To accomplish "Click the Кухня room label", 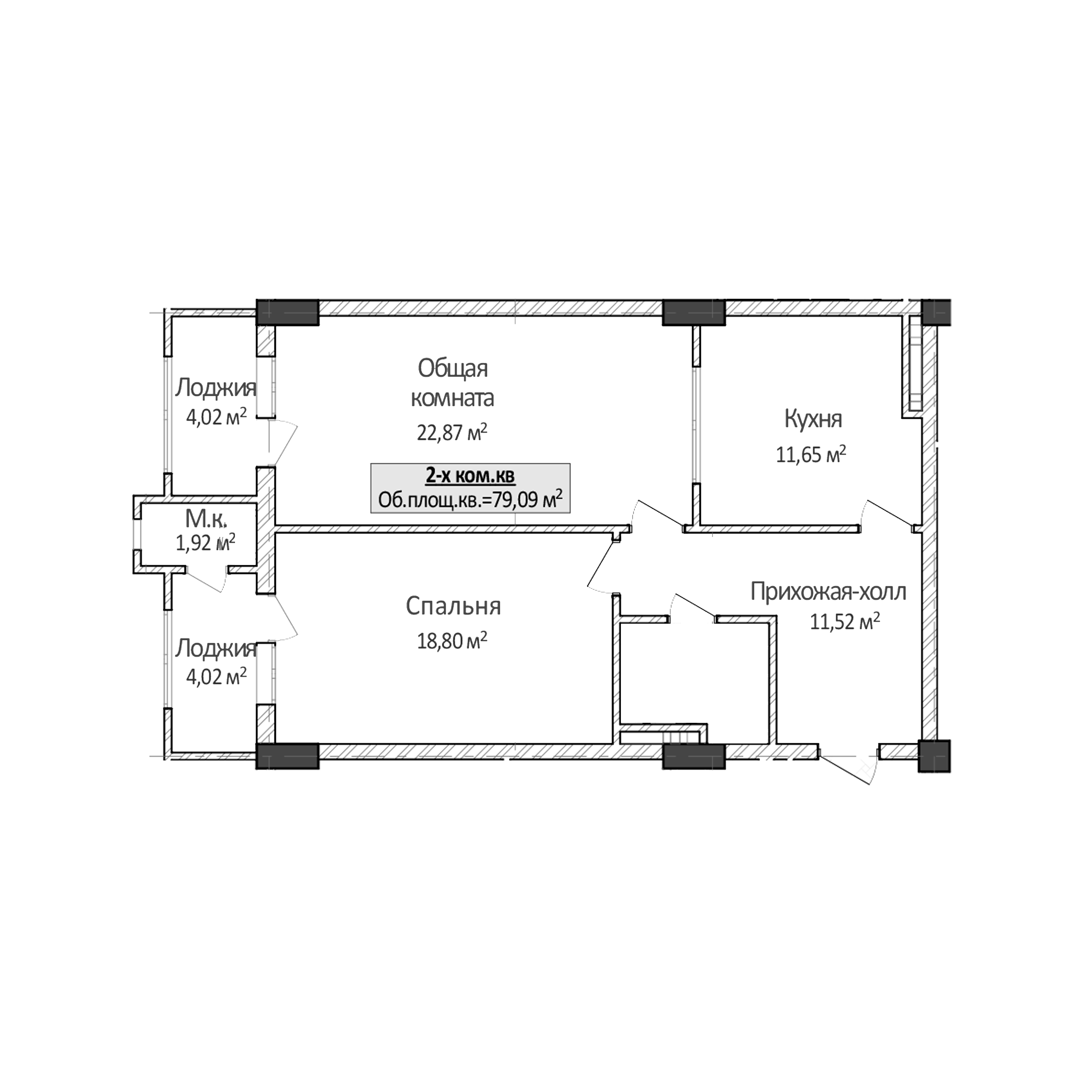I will click(x=813, y=419).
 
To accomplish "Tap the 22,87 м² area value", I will click(x=452, y=433).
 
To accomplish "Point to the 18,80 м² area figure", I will click(x=452, y=640).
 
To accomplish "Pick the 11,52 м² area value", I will click(x=844, y=622).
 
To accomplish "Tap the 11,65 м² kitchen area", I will click(x=811, y=454).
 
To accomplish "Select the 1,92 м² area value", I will click(x=205, y=542).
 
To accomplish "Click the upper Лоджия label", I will click(x=215, y=388).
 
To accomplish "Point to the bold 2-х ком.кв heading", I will click(x=470, y=476).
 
